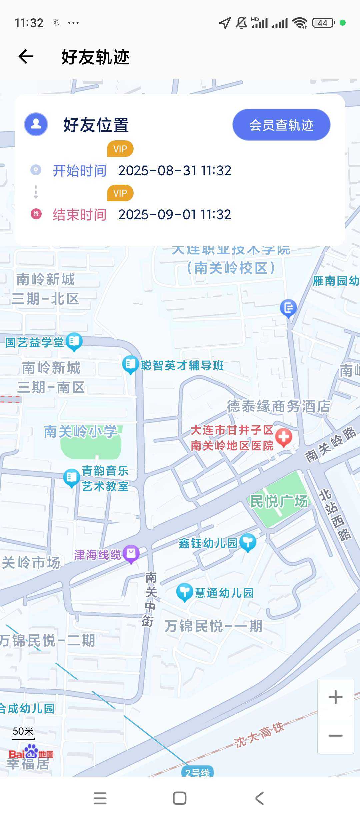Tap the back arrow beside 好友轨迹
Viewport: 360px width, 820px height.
[26, 57]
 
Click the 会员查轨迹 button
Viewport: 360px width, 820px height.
[281, 125]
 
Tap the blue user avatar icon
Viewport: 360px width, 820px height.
[36, 124]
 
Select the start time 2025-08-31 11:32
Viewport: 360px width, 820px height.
[175, 171]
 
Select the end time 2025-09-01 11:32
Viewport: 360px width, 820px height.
[175, 215]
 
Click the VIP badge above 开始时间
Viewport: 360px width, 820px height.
[120, 149]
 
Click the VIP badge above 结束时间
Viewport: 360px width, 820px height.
[120, 193]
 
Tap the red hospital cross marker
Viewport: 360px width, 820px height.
[284, 437]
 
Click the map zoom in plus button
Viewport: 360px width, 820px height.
[335, 697]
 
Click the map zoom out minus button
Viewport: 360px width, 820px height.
[335, 735]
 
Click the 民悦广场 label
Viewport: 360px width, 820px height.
[279, 501]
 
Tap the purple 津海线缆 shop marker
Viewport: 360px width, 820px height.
[131, 553]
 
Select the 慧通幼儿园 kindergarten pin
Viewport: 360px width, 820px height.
[184, 592]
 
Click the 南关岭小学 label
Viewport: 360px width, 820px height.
[80, 431]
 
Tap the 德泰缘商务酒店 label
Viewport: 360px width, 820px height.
[279, 406]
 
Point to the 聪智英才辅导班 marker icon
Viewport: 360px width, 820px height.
[130, 364]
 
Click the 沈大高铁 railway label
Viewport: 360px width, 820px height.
[259, 735]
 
